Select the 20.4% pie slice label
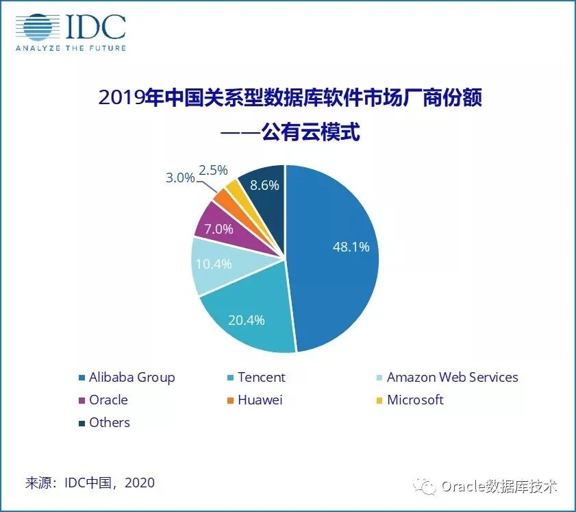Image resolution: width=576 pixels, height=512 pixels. [247, 319]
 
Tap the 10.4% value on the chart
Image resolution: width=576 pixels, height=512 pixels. [213, 263]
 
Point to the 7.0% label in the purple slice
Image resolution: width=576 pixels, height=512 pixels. [218, 229]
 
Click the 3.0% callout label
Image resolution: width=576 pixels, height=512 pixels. [180, 177]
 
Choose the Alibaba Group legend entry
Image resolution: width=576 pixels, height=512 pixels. [127, 377]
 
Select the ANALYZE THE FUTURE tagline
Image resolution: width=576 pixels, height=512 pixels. [71, 47]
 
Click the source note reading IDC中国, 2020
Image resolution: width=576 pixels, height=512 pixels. [90, 483]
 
